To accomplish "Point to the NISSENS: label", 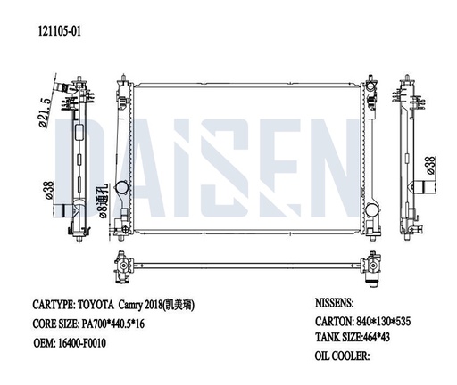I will [x=338, y=303].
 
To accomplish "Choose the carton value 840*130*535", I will [x=389, y=321].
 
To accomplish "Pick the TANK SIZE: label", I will [x=345, y=338].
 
